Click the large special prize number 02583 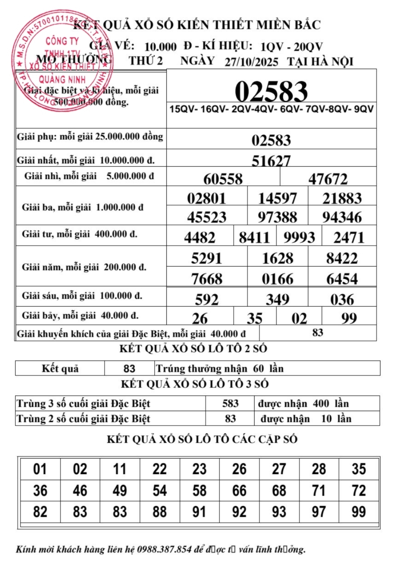coord(271,91)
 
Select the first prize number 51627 coord(271,160)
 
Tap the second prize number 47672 coord(328,179)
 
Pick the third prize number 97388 coord(277,217)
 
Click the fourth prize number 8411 coord(254,238)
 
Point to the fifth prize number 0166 coord(277,279)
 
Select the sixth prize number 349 coord(277,299)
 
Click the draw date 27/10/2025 coord(251,62)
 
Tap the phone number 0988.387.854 coord(164,549)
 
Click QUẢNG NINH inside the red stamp coord(62,79)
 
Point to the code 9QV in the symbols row coord(364,109)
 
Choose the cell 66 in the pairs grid coord(239,491)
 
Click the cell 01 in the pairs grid coord(40,469)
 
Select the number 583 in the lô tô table coord(230,403)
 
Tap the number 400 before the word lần coord(321,403)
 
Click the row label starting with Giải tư coord(79,234)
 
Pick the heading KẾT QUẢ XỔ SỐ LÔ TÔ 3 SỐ coord(194,384)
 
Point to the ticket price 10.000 coord(160,47)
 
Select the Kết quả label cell coord(60,368)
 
